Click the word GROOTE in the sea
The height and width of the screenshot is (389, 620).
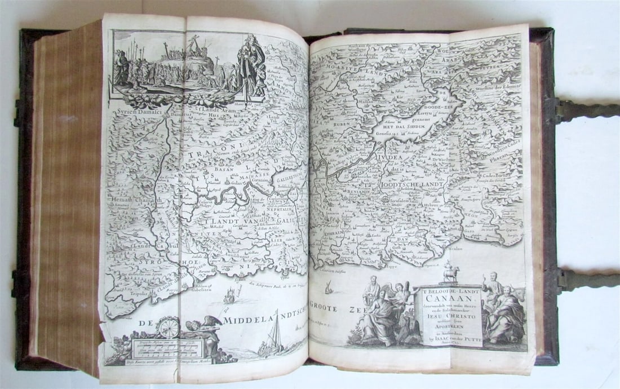pyautogui.click(x=336, y=308)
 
